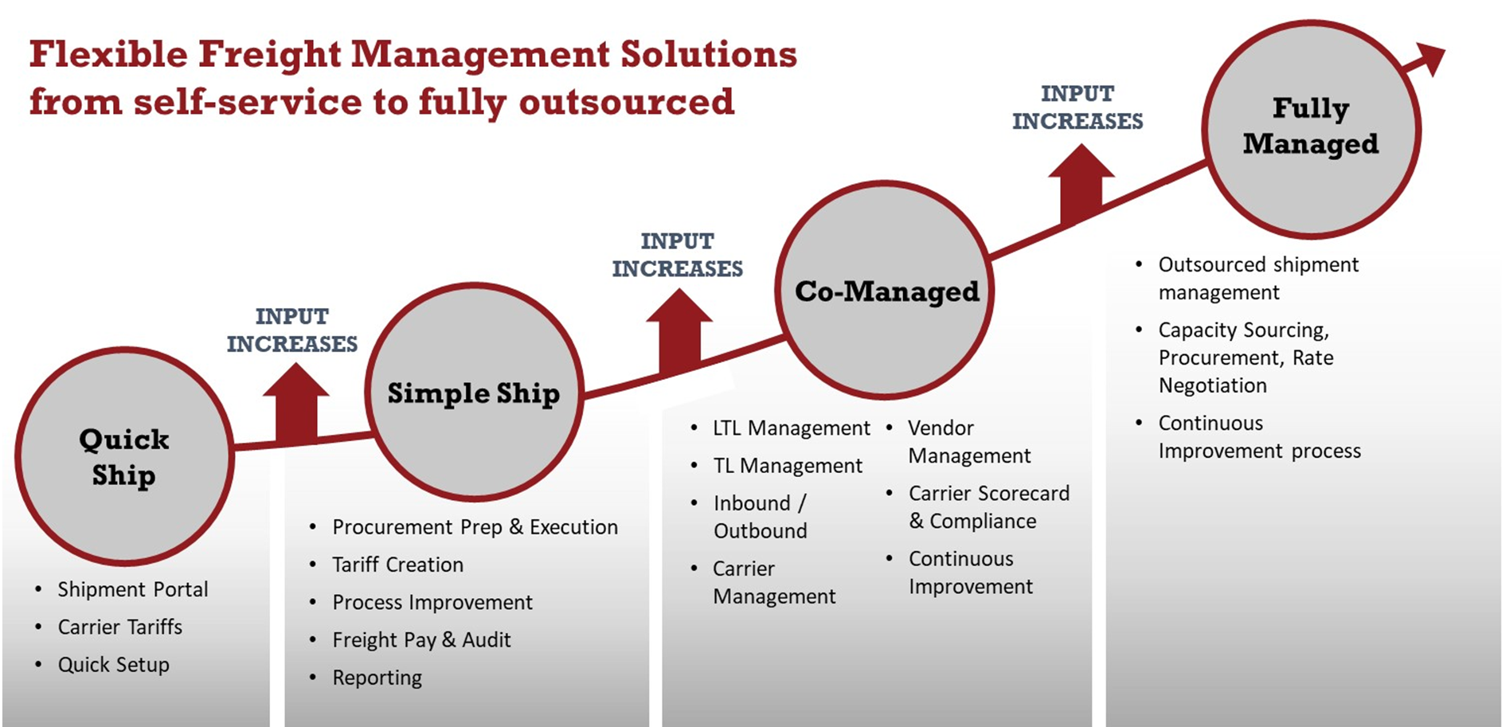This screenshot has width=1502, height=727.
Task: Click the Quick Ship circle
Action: [x=124, y=456]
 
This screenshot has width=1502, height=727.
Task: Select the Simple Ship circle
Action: [x=474, y=392]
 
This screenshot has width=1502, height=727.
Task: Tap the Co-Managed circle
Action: [x=885, y=290]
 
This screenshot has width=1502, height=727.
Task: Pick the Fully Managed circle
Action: [x=1312, y=129]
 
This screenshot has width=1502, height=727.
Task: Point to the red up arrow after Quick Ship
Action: [x=296, y=402]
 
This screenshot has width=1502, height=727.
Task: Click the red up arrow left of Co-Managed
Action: [x=679, y=330]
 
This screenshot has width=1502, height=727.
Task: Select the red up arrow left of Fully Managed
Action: [x=1081, y=184]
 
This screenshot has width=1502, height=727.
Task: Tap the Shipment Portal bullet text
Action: [x=132, y=589]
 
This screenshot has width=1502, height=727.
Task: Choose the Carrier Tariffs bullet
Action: [x=119, y=627]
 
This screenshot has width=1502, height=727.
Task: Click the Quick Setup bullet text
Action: [x=113, y=664]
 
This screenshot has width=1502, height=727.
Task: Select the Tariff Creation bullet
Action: [x=397, y=565]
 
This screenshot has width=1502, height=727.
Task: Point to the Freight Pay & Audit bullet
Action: [x=421, y=640]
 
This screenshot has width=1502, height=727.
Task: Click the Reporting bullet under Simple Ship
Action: [x=377, y=678]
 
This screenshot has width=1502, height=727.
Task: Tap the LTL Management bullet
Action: [x=792, y=428]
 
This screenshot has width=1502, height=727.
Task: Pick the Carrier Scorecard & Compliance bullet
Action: [x=989, y=507]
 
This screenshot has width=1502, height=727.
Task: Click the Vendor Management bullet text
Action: [x=969, y=442]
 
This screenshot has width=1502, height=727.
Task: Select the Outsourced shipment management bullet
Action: [x=1258, y=278]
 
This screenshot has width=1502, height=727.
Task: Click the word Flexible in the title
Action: [x=108, y=55]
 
